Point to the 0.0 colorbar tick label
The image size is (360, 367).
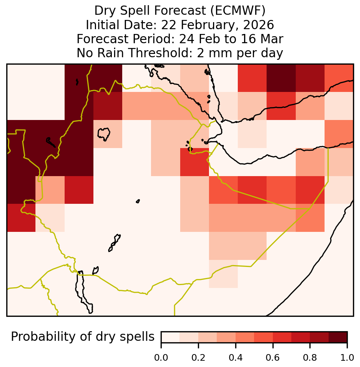161,358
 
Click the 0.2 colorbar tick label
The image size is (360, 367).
198,358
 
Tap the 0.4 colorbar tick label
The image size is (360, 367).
236,358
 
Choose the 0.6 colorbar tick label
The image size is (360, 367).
273,358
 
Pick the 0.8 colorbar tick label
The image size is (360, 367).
310,358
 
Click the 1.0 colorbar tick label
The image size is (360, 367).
347,358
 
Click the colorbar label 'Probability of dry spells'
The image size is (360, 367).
83,337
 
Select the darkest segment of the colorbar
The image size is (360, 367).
338,337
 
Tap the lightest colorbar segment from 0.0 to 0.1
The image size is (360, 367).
171,337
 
